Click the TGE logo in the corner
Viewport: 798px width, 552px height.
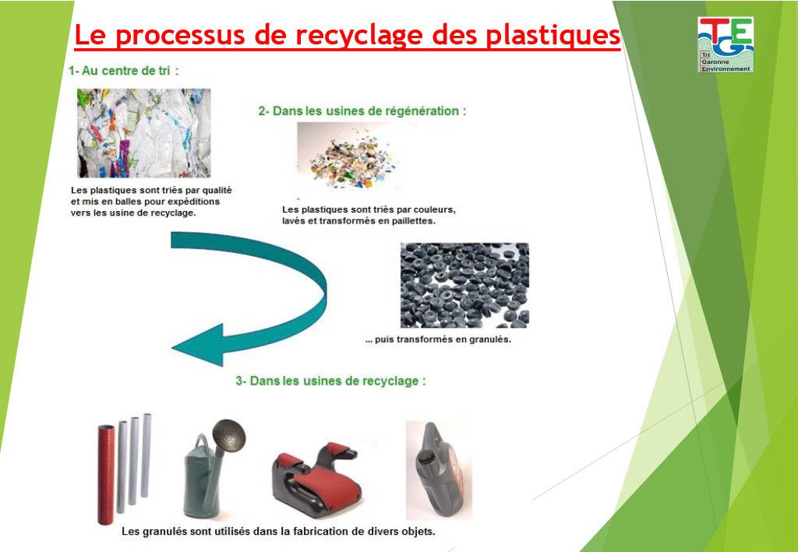[x=726, y=44]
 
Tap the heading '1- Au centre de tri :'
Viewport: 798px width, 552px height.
[x=124, y=71]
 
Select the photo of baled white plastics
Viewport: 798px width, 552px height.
[x=143, y=133]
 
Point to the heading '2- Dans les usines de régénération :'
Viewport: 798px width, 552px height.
[x=362, y=111]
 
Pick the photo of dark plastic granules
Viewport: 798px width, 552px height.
[x=464, y=285]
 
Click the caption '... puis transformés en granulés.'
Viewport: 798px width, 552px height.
[x=438, y=340]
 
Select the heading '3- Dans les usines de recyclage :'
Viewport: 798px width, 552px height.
[x=330, y=381]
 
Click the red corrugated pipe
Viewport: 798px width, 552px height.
[x=105, y=474]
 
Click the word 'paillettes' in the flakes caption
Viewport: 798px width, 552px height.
[x=411, y=221]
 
